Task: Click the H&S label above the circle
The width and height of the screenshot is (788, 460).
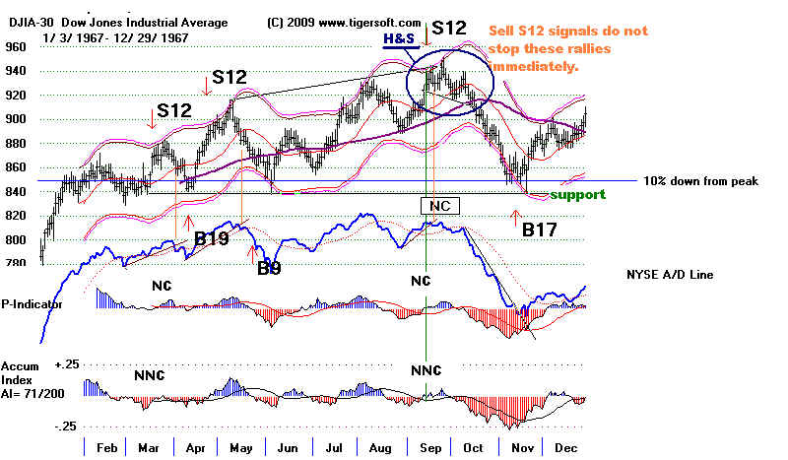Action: click(x=399, y=40)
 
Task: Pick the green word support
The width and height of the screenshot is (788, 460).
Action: click(x=577, y=195)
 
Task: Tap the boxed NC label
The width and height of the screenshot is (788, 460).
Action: click(x=439, y=206)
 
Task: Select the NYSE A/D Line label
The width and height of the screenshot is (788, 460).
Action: click(x=668, y=274)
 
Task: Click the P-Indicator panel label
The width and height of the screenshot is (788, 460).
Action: click(x=33, y=304)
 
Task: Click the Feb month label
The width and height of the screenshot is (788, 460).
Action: click(x=107, y=447)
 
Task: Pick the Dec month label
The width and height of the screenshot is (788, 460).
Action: click(x=564, y=447)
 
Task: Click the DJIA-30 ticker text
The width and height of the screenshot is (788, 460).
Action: click(x=25, y=22)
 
